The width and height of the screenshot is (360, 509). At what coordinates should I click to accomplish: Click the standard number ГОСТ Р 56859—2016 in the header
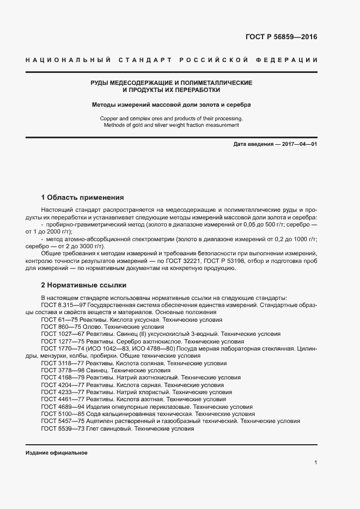coord(277,37)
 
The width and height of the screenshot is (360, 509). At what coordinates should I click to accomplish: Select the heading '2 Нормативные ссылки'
coord(83,285)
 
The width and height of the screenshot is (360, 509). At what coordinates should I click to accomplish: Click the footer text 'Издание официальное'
coord(57,453)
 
